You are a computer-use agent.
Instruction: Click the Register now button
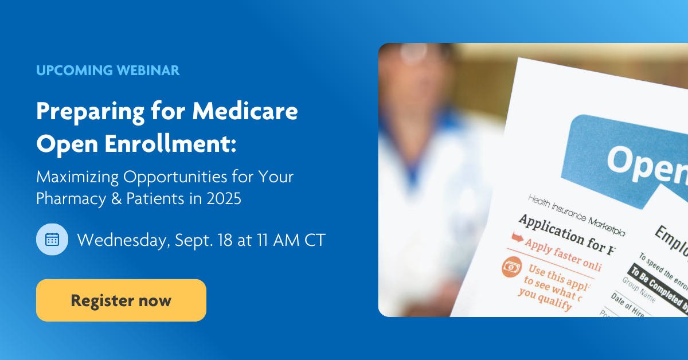tap(121, 300)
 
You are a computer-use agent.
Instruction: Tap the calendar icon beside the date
tap(52, 239)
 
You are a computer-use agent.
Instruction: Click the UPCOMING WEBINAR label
tap(108, 71)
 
